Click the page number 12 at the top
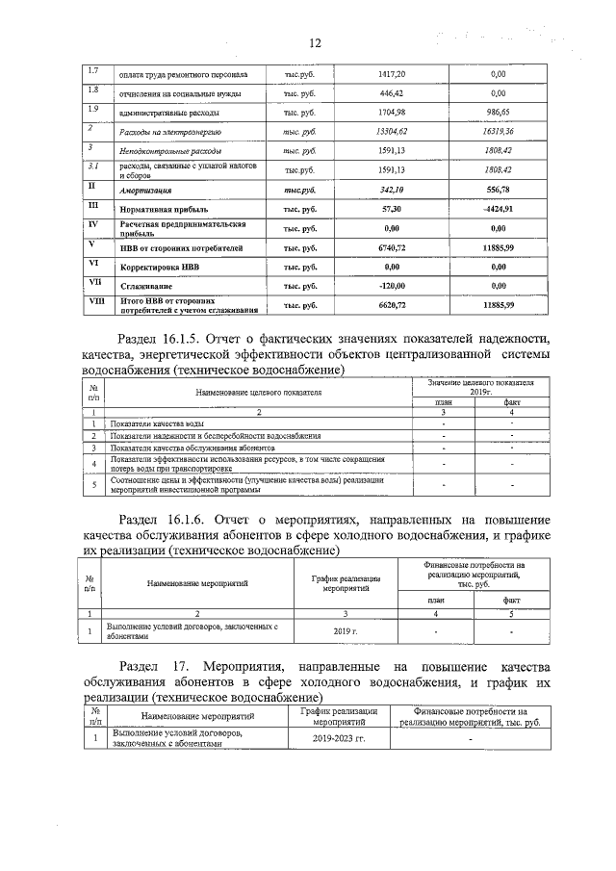click(x=314, y=43)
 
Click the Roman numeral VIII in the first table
click(x=92, y=300)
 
